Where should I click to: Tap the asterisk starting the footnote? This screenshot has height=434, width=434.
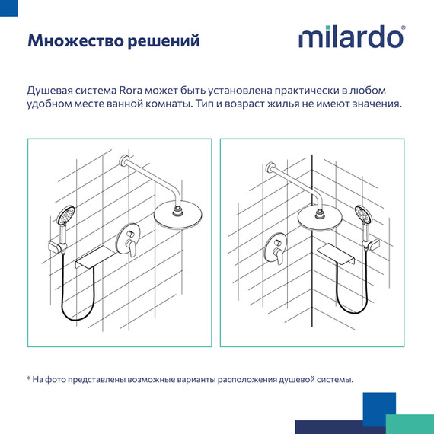coord(29,379)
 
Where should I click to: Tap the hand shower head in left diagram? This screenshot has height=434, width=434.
coord(69,215)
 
